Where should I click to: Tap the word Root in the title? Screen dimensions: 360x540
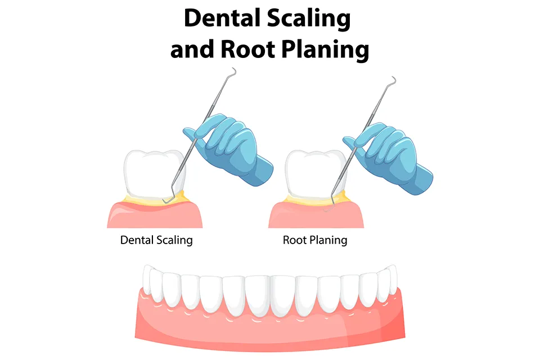point(245,49)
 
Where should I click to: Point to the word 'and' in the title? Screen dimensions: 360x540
point(191,49)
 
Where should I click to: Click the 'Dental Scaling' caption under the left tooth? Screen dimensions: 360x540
point(156,240)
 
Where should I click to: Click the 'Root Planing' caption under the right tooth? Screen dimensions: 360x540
point(315,240)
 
